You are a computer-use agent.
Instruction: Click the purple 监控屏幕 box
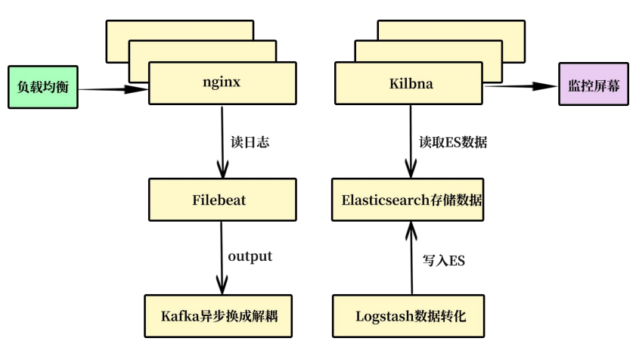pyautogui.click(x=594, y=86)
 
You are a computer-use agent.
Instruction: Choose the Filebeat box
pyautogui.click(x=222, y=200)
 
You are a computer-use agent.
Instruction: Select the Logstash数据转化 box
pyautogui.click(x=411, y=315)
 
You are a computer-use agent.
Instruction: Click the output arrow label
pyautogui.click(x=250, y=257)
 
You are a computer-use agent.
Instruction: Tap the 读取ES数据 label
pyautogui.click(x=454, y=141)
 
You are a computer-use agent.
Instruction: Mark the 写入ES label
pyautogui.click(x=443, y=261)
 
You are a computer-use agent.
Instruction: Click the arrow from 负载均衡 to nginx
pyautogui.click(x=113, y=89)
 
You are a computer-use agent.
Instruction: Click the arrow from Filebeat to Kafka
pyautogui.click(x=222, y=257)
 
